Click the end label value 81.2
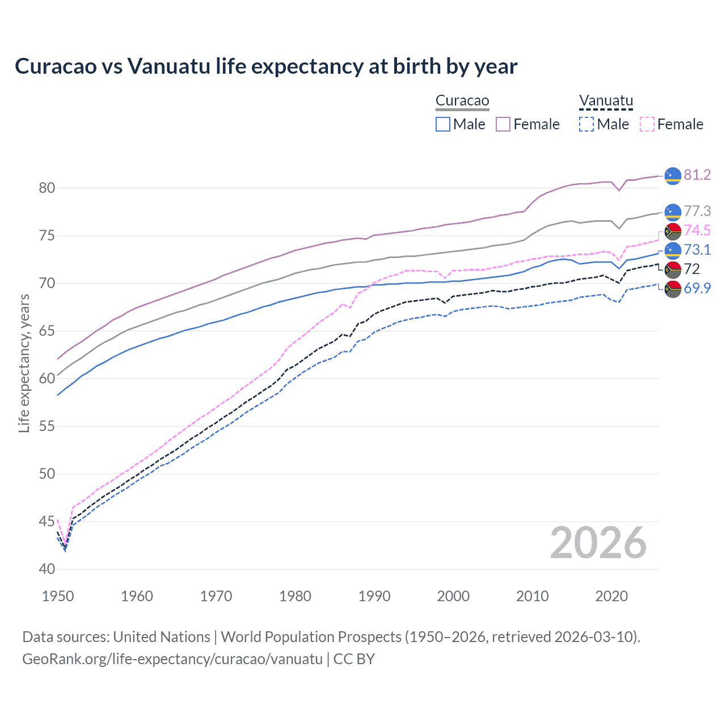tap(697, 175)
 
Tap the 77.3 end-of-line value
tap(697, 212)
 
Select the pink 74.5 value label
tap(697, 230)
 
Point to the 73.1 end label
tap(697, 250)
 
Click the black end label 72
tap(692, 269)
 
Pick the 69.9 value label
tap(697, 288)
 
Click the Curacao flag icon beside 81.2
tap(673, 176)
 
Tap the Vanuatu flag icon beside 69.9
tap(673, 289)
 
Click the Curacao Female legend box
tap(503, 124)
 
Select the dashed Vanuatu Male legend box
tap(586, 124)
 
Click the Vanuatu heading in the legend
tap(606, 101)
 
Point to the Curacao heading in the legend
tap(462, 101)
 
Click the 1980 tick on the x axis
tap(295, 596)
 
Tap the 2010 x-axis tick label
tap(532, 596)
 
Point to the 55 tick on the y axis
tap(47, 426)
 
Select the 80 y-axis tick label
tap(47, 188)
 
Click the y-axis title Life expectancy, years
tap(24, 363)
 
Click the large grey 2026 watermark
tap(598, 543)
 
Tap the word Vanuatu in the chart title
tap(168, 66)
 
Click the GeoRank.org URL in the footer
tap(172, 659)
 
